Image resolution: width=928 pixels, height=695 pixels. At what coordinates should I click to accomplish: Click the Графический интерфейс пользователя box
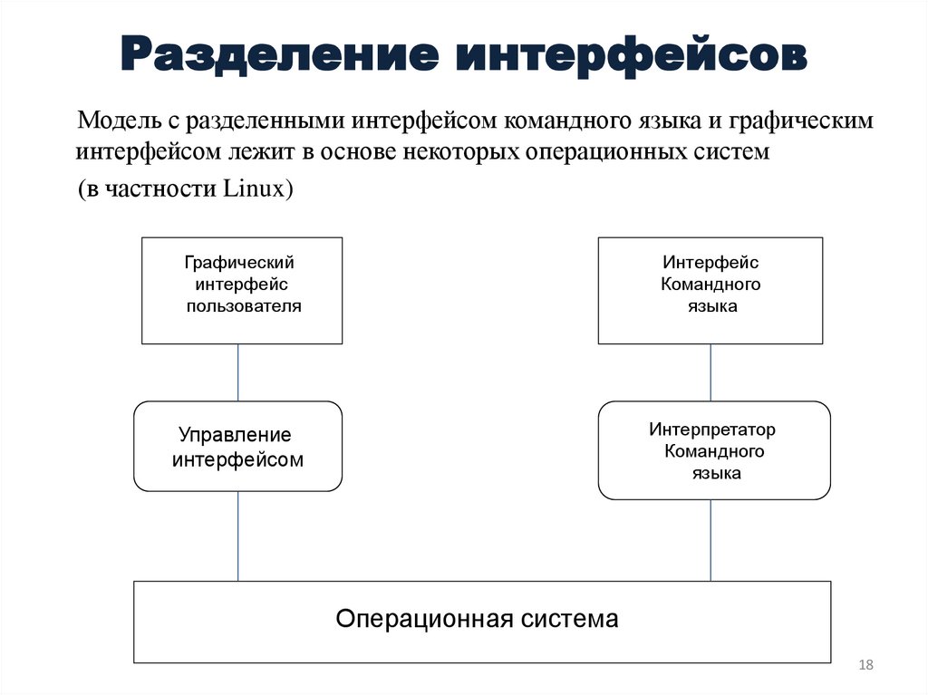(242, 290)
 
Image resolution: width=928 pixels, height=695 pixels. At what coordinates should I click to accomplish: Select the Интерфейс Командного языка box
(710, 290)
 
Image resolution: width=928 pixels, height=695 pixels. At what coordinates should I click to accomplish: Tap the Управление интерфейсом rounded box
(238, 446)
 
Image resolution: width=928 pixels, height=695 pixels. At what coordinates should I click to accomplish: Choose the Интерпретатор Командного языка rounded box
(714, 450)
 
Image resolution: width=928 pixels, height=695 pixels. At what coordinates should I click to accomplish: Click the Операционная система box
(482, 622)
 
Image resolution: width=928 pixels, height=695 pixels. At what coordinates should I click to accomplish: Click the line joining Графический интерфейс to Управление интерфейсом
(238, 372)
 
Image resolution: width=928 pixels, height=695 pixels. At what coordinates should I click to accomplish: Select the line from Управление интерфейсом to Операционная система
(238, 536)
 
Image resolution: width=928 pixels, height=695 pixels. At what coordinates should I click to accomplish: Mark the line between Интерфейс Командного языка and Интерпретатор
(710, 372)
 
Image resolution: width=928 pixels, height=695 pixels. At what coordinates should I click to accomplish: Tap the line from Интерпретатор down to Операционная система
(710, 540)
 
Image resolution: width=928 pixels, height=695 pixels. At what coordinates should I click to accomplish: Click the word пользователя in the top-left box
(244, 306)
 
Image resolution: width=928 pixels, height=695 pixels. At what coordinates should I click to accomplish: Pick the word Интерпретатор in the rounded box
(712, 430)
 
